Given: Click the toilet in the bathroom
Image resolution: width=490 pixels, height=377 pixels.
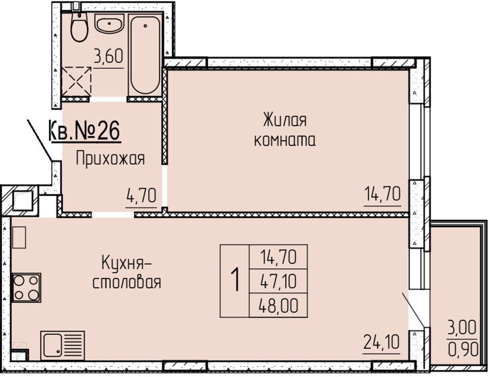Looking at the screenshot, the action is [79, 27].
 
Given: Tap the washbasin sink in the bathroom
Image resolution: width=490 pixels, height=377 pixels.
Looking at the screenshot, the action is [109, 24].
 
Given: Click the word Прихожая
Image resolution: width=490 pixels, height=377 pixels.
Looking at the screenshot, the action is [110, 159].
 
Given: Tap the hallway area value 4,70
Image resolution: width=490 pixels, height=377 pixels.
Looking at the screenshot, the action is [141, 196].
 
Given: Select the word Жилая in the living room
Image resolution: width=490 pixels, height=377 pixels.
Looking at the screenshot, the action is [285, 120].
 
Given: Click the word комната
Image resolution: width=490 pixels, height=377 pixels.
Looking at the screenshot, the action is [285, 141].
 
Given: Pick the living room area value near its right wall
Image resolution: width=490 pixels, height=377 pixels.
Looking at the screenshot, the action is [383, 194].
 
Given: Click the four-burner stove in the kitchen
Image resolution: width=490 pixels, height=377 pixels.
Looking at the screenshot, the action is [26, 288].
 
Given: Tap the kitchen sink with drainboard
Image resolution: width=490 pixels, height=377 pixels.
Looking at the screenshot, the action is [62, 345].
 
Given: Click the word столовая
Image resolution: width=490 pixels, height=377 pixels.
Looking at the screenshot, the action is [127, 283].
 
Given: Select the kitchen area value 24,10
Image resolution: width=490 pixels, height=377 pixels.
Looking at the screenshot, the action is [381, 342].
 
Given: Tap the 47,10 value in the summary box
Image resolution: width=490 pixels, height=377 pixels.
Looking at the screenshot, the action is [278, 281].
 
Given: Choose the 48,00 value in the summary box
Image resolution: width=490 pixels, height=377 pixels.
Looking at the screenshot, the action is [278, 305].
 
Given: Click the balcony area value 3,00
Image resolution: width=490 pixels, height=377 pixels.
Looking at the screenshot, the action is [462, 328].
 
